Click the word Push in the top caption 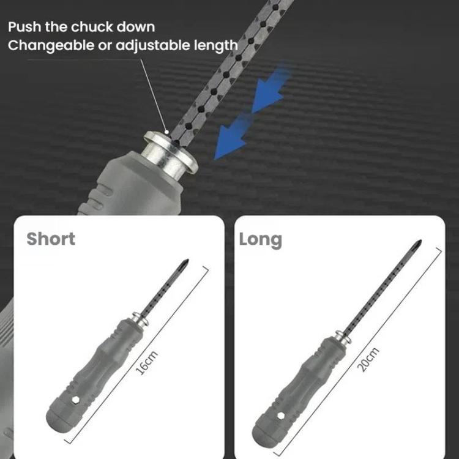(x=24, y=27)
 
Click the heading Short (x=51, y=238)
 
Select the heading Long (x=261, y=239)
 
